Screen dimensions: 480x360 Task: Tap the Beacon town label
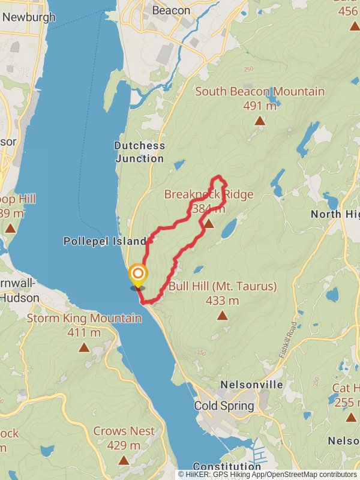171,10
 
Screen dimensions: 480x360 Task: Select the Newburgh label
28,17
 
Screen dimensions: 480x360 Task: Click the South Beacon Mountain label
259,92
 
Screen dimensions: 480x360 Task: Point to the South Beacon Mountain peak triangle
260,121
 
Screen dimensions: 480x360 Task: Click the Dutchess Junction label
139,152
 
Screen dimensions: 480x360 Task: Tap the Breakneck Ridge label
208,194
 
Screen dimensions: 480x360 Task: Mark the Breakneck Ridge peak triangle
208,224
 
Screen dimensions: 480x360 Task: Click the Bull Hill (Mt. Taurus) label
223,286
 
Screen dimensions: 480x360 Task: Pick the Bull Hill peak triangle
223,315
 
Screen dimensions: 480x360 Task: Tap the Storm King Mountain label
84,318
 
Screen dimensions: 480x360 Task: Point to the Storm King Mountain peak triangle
84,347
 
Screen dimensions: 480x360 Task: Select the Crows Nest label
124,431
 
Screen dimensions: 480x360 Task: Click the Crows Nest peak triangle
124,460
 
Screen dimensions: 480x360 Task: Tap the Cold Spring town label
224,406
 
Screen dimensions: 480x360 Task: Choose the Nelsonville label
251,384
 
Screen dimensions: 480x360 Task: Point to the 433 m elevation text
222,301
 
